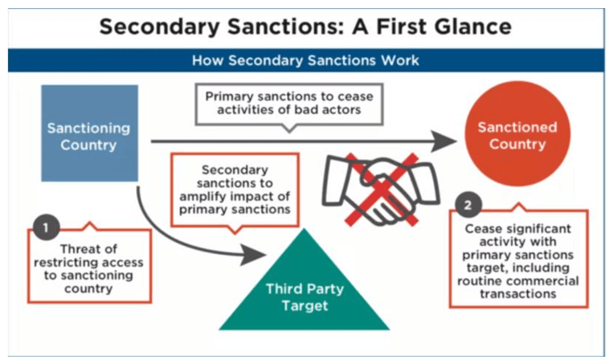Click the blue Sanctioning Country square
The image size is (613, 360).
click(x=89, y=133)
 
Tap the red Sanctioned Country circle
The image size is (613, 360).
click(x=517, y=133)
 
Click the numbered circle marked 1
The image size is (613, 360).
click(x=46, y=227)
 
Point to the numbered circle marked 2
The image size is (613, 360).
click(x=468, y=205)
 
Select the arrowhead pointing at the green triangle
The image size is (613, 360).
click(x=253, y=256)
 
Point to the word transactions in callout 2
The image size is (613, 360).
click(x=518, y=293)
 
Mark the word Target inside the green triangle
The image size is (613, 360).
click(x=305, y=305)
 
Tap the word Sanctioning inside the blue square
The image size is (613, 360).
click(x=88, y=129)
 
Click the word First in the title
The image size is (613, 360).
click(x=395, y=27)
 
